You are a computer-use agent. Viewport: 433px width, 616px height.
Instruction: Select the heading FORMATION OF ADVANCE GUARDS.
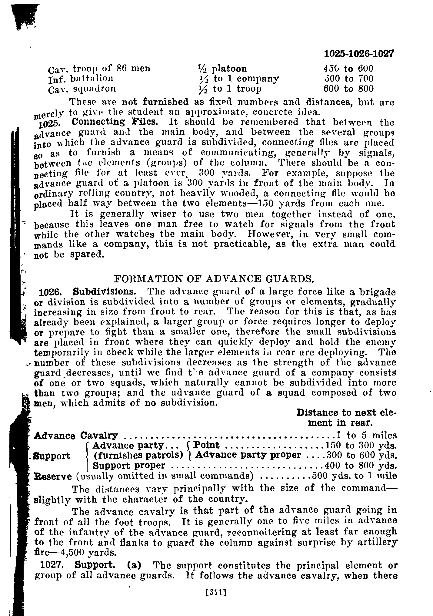[x=213, y=278]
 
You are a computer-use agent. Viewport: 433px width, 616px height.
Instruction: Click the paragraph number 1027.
[x=52, y=565]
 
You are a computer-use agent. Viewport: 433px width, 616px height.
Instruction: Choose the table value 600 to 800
[x=348, y=89]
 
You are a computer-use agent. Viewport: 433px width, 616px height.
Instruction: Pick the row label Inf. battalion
[x=81, y=79]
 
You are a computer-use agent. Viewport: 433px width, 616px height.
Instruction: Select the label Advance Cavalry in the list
[x=76, y=436]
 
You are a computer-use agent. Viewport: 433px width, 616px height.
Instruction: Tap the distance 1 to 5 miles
[x=366, y=436]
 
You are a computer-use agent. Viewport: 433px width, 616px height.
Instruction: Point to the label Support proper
[x=129, y=465]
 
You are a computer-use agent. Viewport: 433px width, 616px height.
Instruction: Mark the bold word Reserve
[x=53, y=476]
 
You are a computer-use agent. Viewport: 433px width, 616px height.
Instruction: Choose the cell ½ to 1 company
[x=238, y=79]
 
